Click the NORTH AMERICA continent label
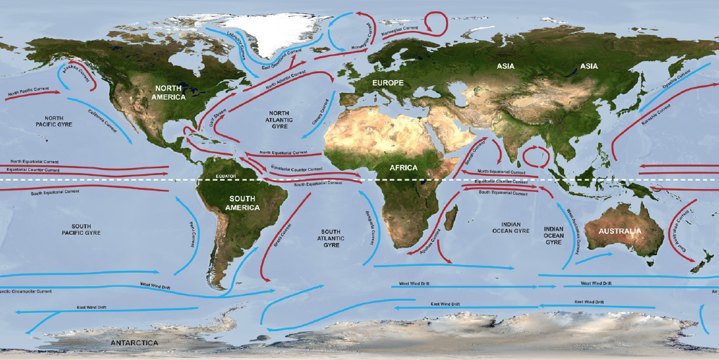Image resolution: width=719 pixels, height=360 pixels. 170,92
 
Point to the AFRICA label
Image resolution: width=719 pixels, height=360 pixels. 404,167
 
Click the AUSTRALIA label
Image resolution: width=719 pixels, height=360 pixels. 619,231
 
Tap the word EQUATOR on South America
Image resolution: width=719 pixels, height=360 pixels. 225,176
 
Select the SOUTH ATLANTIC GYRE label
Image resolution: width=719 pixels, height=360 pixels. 331,238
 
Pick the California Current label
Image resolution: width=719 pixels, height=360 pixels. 102,121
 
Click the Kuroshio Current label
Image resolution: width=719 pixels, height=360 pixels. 654,115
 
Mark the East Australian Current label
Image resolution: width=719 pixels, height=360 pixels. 679,231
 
